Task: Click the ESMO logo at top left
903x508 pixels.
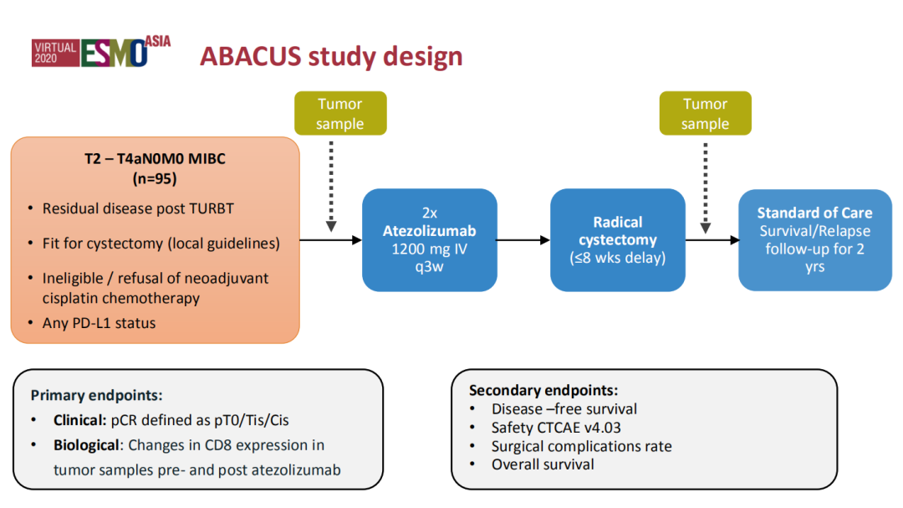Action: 101,53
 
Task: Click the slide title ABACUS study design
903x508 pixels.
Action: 330,56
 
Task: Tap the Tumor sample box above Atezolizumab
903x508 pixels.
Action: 340,114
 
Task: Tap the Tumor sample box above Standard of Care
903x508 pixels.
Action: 705,114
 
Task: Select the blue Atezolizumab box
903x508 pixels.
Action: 429,240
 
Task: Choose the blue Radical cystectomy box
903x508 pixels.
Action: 618,240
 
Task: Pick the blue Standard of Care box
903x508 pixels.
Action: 814,240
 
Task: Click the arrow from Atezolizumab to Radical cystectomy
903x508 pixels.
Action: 523,240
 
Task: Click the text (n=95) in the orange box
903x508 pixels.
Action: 156,178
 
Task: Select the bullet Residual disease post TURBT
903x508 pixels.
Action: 139,208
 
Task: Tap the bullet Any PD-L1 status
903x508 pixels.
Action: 99,322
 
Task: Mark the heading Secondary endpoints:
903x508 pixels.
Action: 543,390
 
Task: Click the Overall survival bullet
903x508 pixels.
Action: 543,464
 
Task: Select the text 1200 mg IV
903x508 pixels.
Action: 429,249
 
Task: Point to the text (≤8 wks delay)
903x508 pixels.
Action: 618,258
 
